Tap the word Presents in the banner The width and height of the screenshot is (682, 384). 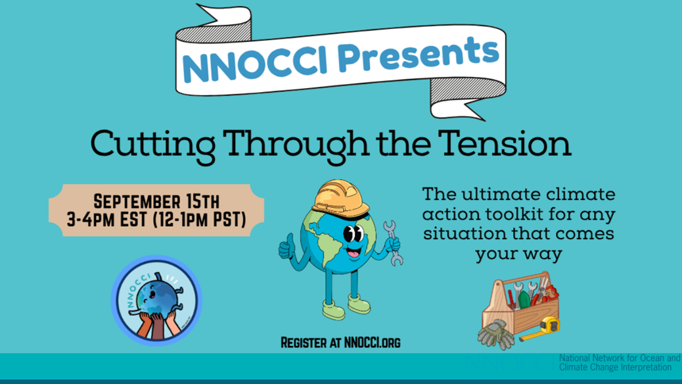tap(418, 55)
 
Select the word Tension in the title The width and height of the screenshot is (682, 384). tap(504, 143)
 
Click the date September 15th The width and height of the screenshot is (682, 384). tap(156, 202)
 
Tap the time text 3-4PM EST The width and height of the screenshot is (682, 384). tap(107, 220)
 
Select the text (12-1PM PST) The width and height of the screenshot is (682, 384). tap(200, 220)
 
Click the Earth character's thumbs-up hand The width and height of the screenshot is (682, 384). tap(286, 248)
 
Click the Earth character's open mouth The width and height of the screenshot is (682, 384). tap(353, 252)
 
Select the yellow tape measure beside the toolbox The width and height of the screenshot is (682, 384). tap(541, 329)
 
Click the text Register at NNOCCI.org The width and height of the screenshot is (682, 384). tap(340, 343)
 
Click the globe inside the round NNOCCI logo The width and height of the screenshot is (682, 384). tap(156, 297)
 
